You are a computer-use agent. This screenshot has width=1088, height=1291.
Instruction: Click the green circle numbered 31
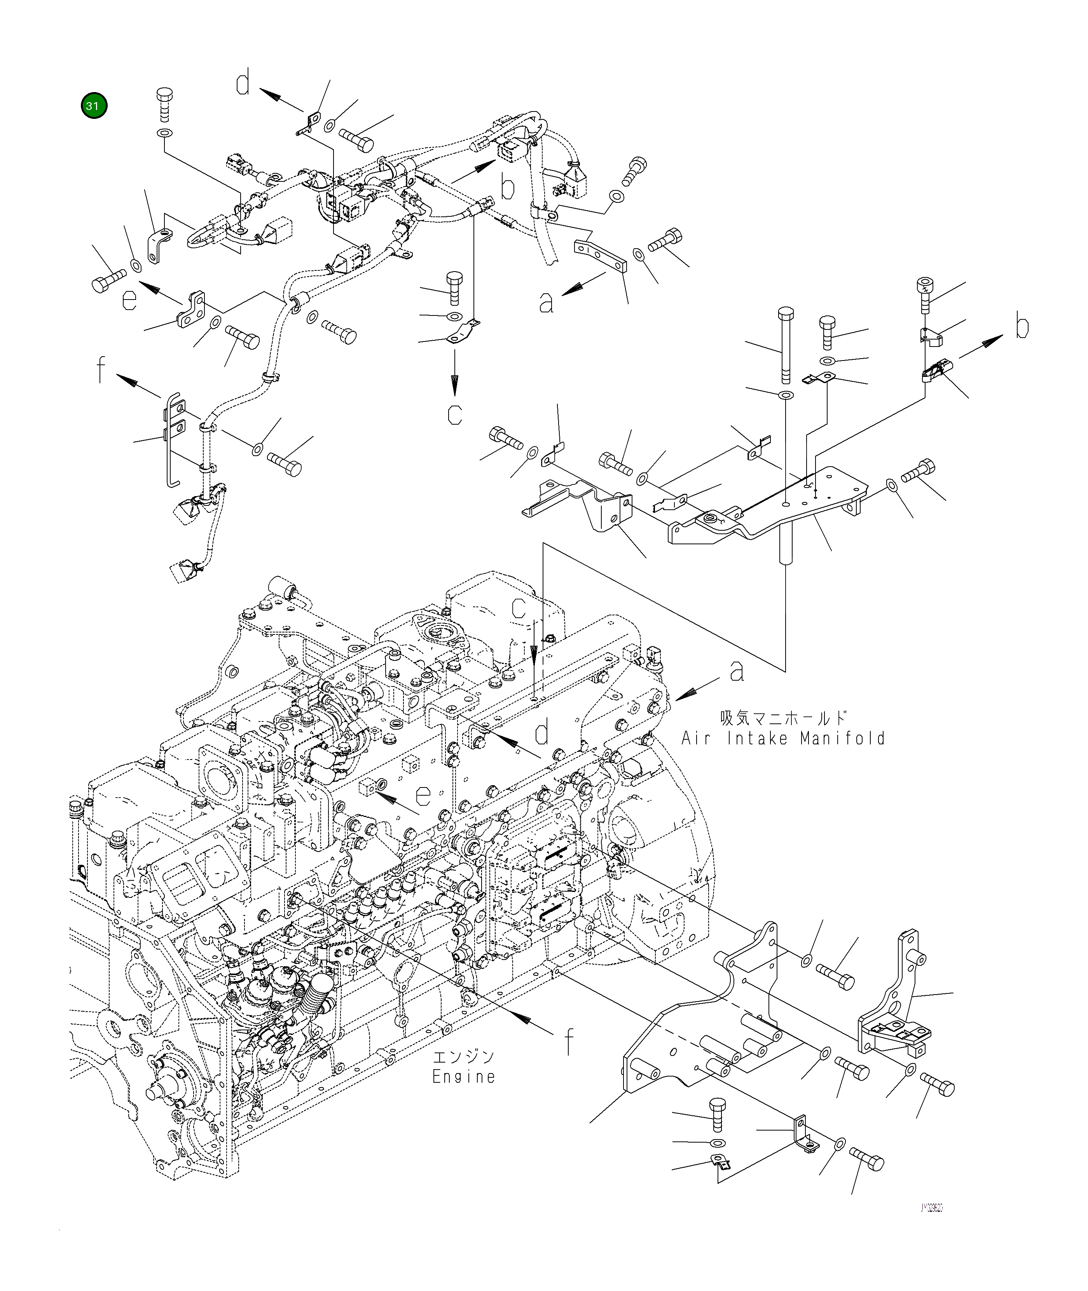[x=93, y=106]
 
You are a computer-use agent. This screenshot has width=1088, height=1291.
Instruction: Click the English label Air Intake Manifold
[x=783, y=738]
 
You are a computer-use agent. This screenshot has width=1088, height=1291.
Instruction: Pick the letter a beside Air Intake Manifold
[x=737, y=671]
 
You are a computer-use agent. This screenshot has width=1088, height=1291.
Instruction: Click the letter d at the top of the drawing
[x=244, y=84]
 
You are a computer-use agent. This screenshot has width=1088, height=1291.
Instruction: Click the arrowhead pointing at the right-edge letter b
[x=998, y=341]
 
